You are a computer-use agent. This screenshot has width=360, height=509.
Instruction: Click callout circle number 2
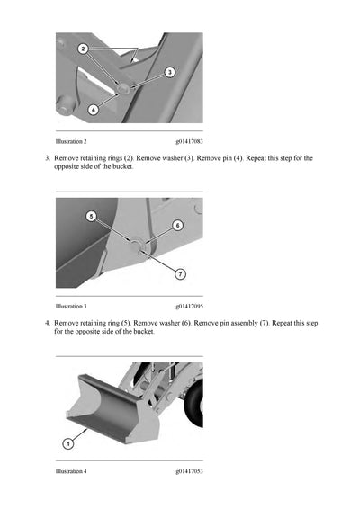(83, 47)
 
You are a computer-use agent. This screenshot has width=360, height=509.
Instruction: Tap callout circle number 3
(169, 72)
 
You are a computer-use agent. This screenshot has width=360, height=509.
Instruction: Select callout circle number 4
(94, 110)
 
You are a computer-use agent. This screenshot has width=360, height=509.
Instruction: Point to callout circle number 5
(91, 216)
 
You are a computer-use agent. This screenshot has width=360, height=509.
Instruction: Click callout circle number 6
(177, 225)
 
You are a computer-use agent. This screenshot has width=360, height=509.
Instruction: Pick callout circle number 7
(180, 273)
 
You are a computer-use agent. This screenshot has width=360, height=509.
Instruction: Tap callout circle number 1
(67, 442)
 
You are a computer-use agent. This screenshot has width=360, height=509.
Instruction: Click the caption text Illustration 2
(71, 142)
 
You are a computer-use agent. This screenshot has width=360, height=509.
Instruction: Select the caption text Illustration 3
(71, 306)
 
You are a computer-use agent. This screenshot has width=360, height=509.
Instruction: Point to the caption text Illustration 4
(71, 471)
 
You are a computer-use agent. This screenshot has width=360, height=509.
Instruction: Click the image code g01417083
(189, 142)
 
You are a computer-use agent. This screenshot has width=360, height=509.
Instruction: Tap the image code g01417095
(189, 306)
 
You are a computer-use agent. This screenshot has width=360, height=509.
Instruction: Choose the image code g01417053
(189, 471)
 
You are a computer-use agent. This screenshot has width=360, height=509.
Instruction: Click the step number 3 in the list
(46, 158)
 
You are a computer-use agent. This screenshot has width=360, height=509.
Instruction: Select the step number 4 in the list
(46, 322)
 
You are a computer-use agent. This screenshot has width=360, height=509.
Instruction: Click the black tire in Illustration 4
(195, 409)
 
